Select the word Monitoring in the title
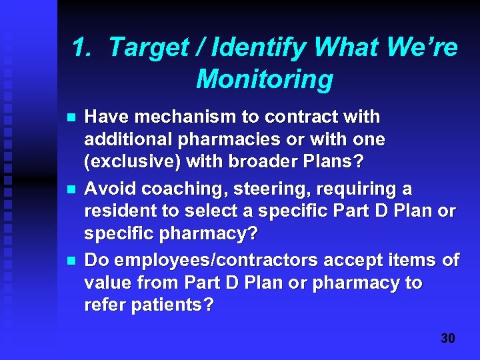[265, 79]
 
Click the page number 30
[448, 339]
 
